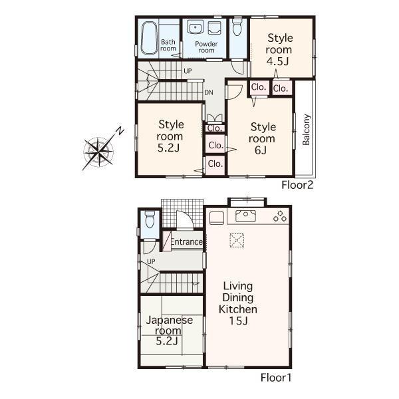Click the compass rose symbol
tap(99, 150)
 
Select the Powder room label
tap(206, 47)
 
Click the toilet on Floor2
tap(237, 30)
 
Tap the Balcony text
tap(307, 130)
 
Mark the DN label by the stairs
tap(208, 92)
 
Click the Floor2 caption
tap(297, 184)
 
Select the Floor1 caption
tap(275, 377)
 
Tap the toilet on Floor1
tap(150, 219)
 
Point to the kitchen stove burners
tap(279, 216)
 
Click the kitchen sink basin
tap(244, 215)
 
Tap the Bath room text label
tap(168, 45)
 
